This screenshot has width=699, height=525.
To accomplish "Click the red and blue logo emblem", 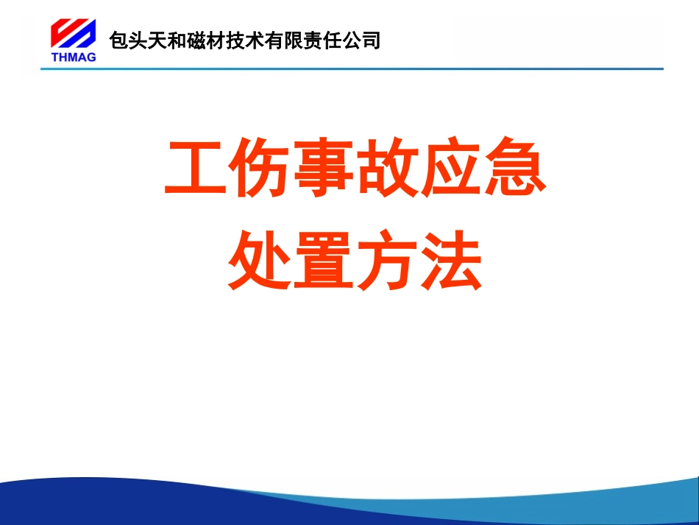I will [73, 33].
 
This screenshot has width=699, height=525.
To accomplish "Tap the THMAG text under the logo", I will [74, 57].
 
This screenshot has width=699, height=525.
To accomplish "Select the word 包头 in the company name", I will [125, 40].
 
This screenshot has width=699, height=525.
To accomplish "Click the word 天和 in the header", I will [164, 40].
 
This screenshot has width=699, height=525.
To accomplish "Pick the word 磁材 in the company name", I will [203, 40].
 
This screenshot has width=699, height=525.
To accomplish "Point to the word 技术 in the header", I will [242, 40].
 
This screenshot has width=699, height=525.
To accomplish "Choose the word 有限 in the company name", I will [281, 40].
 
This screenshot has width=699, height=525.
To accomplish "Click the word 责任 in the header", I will [320, 40].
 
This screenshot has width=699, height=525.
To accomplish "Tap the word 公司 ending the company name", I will [361, 40].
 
